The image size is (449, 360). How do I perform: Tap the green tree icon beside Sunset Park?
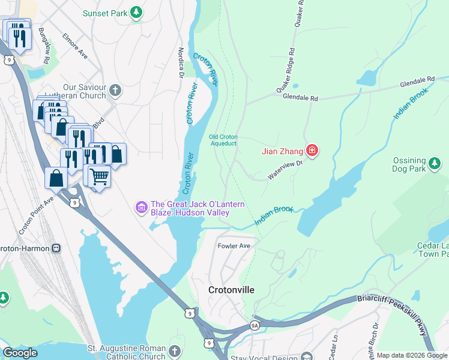(137, 12)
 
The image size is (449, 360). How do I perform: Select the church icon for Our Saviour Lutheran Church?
(115, 91)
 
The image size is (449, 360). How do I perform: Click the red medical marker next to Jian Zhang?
(312, 151)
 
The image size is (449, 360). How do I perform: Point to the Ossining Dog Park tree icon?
(435, 161)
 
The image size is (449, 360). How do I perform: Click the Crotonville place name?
(231, 290)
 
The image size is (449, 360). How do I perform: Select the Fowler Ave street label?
(234, 246)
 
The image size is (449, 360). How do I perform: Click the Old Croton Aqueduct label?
(223, 140)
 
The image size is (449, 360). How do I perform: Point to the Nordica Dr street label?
(180, 63)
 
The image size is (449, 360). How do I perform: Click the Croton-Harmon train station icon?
(56, 247)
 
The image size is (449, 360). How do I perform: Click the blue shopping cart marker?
(99, 176)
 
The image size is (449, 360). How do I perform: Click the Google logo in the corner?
(20, 353)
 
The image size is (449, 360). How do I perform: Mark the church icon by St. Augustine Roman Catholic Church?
(174, 350)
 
